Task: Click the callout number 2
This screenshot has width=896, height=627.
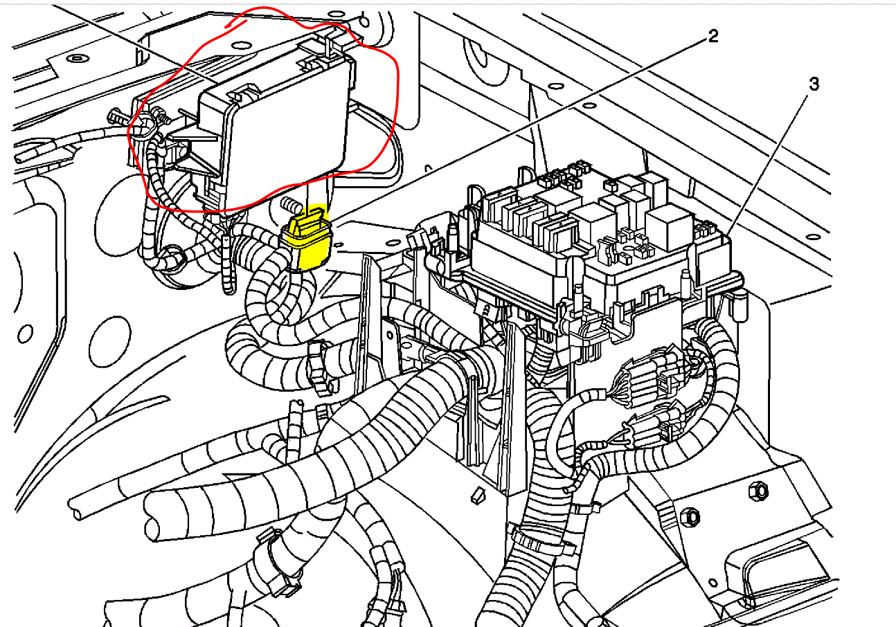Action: (x=712, y=37)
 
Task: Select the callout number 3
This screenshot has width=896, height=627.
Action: (x=814, y=84)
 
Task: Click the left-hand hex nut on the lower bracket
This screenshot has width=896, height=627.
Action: (x=690, y=516)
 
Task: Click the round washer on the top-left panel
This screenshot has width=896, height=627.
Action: (x=78, y=57)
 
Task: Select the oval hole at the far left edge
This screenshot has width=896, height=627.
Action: (x=26, y=334)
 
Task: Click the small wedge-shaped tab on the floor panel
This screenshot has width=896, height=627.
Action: (x=475, y=495)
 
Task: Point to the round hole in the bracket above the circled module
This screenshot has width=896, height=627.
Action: (x=242, y=46)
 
